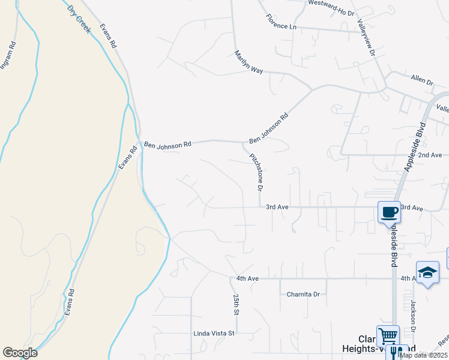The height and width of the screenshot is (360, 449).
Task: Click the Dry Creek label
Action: pyautogui.click(x=78, y=19)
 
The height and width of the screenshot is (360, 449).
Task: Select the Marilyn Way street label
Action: pyautogui.click(x=249, y=62)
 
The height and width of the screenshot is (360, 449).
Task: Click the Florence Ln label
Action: pyautogui.click(x=282, y=22)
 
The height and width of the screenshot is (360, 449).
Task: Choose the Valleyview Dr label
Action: pyautogui.click(x=366, y=37)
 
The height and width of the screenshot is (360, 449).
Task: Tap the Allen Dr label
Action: pyautogui.click(x=421, y=80)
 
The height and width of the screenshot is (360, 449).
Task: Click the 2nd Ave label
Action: pyautogui.click(x=430, y=155)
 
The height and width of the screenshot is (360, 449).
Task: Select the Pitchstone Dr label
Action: pyautogui.click(x=257, y=171)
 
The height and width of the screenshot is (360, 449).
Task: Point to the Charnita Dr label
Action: pyautogui.click(x=303, y=294)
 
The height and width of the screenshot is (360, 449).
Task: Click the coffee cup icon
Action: pyautogui.click(x=389, y=212)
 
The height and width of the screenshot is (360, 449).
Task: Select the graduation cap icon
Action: pyautogui.click(x=427, y=272)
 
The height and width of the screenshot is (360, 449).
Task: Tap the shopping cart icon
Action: pyautogui.click(x=388, y=336)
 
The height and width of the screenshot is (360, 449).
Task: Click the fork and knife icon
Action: pyautogui.click(x=397, y=352)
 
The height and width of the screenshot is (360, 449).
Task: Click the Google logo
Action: pyautogui.click(x=20, y=353)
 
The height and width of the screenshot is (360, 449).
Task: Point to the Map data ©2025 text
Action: pyautogui.click(x=423, y=355)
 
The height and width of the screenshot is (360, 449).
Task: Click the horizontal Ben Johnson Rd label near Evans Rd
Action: pyautogui.click(x=167, y=144)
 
